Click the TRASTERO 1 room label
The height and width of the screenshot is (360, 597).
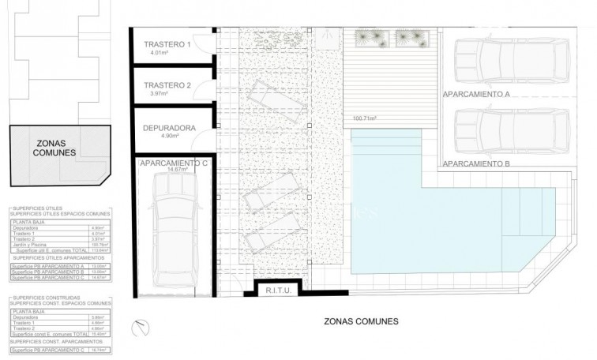click(x=167, y=44)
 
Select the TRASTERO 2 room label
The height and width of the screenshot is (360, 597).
click(x=167, y=84)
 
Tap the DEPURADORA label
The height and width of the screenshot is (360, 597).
click(x=169, y=126)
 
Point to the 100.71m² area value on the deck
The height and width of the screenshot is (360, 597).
click(x=364, y=118)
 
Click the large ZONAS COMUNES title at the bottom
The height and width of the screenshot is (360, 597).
click(x=362, y=321)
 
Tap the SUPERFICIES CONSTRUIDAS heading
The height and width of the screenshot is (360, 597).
click(x=39, y=298)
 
